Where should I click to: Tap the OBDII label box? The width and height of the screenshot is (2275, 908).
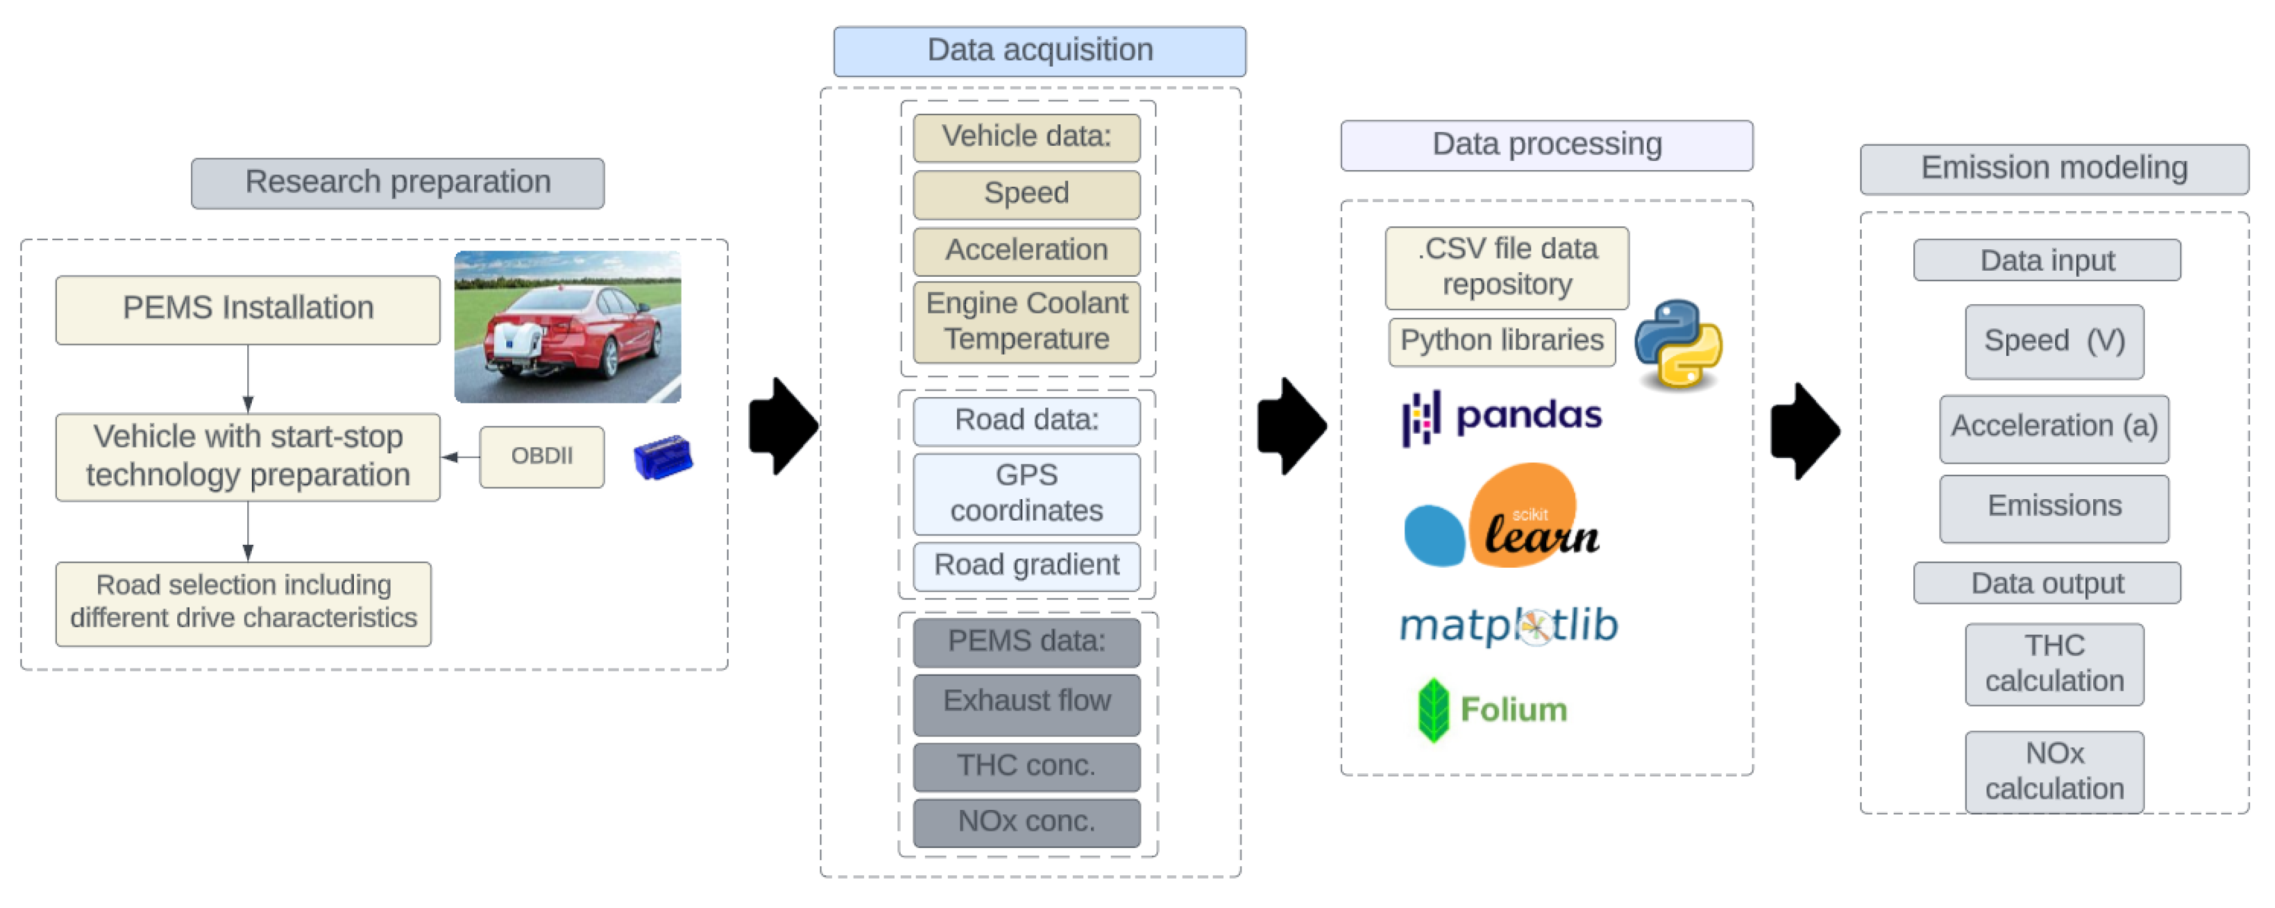click(542, 457)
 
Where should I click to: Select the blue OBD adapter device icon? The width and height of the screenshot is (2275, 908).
click(663, 457)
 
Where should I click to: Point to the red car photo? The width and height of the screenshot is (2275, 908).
click(567, 327)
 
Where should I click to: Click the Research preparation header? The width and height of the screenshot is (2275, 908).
click(398, 183)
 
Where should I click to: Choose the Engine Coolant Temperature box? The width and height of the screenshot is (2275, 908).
click(1026, 321)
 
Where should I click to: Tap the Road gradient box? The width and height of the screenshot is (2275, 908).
click(1026, 565)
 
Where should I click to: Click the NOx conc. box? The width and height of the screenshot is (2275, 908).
click(1026, 822)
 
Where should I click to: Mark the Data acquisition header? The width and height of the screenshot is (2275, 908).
click(1039, 50)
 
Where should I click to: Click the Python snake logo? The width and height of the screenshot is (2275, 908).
click(1677, 345)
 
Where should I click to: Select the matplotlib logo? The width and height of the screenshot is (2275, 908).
click(1508, 626)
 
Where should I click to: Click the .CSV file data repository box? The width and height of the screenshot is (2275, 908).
click(1506, 268)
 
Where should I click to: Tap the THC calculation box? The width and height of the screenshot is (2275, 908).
click(2053, 664)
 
